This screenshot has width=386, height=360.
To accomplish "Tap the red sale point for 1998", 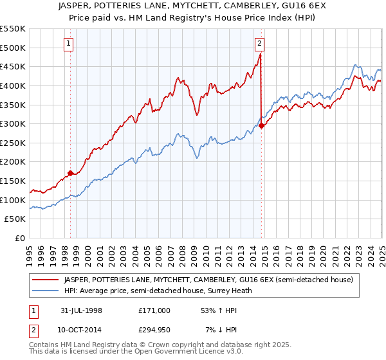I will click(x=70, y=172).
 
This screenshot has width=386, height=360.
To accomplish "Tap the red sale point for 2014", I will click(x=261, y=125).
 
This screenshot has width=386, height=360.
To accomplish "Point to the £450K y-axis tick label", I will click(x=13, y=67).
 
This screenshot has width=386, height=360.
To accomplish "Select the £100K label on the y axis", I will click(x=13, y=200).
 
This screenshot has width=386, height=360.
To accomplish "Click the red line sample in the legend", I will click(x=45, y=280).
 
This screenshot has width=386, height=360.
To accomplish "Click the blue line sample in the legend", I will click(x=45, y=291).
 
